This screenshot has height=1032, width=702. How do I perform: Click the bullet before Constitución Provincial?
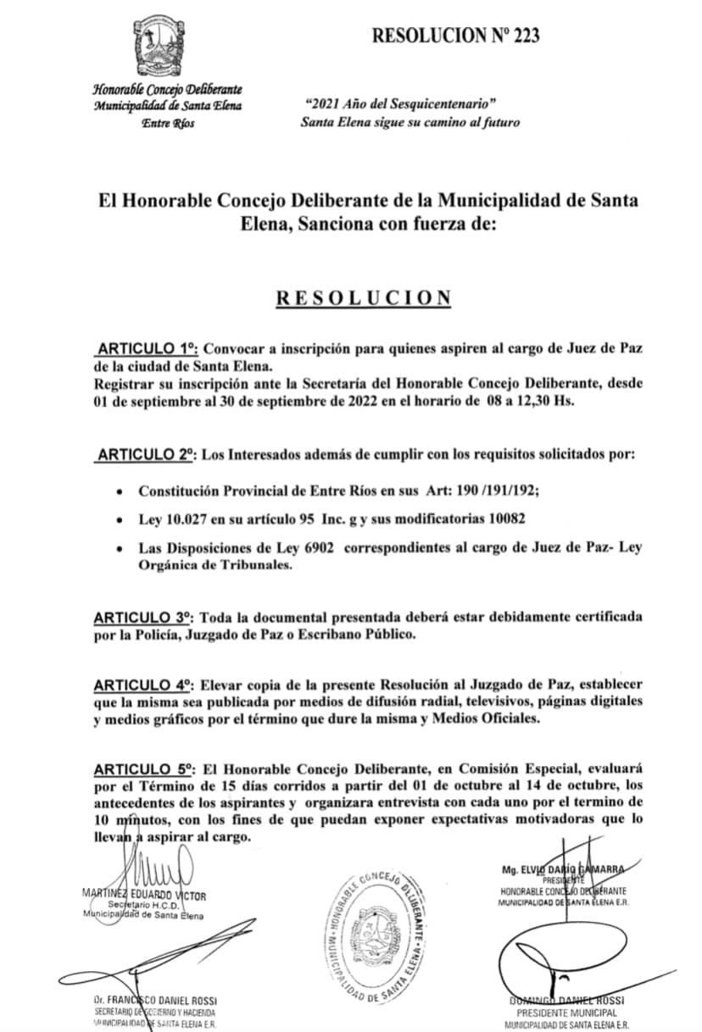[123, 491]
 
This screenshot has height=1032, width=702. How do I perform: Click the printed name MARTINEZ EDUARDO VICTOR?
[144, 895]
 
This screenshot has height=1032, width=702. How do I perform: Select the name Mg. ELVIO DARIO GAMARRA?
[563, 869]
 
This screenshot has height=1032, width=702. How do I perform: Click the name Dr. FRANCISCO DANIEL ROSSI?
[156, 1001]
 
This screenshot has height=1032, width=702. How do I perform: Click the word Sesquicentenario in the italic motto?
[435, 103]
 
